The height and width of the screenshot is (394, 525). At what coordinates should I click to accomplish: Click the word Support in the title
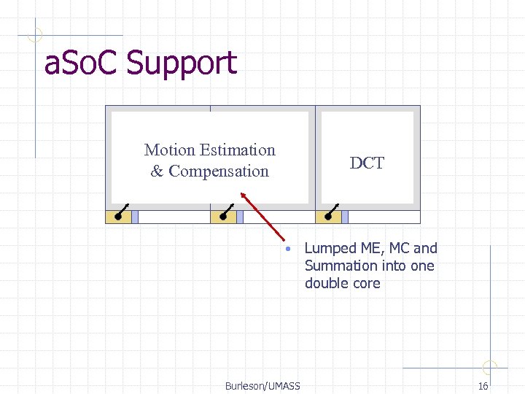click(x=182, y=63)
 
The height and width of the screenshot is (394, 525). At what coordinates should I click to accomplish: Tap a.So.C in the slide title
click(x=82, y=63)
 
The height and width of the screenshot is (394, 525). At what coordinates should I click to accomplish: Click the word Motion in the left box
click(x=169, y=150)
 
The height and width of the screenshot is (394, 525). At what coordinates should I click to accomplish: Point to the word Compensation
click(x=219, y=171)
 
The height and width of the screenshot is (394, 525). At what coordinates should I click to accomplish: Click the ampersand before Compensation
click(x=157, y=171)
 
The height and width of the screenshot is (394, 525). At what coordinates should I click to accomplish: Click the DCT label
click(x=367, y=163)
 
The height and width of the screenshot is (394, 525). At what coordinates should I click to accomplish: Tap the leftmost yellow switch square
click(x=118, y=216)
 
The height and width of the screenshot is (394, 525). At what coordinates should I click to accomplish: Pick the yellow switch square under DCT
click(x=328, y=216)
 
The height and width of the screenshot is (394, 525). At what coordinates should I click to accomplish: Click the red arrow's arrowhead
click(x=243, y=195)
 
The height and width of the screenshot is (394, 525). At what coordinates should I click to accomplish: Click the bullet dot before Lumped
click(x=289, y=249)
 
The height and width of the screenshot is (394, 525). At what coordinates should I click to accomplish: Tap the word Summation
click(x=339, y=266)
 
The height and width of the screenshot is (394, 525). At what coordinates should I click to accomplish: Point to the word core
click(x=365, y=284)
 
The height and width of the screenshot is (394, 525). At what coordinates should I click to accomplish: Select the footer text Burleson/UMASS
click(x=262, y=386)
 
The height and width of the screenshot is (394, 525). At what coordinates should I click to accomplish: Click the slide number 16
click(x=483, y=386)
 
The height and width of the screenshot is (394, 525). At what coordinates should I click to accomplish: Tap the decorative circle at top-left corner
click(x=35, y=34)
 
